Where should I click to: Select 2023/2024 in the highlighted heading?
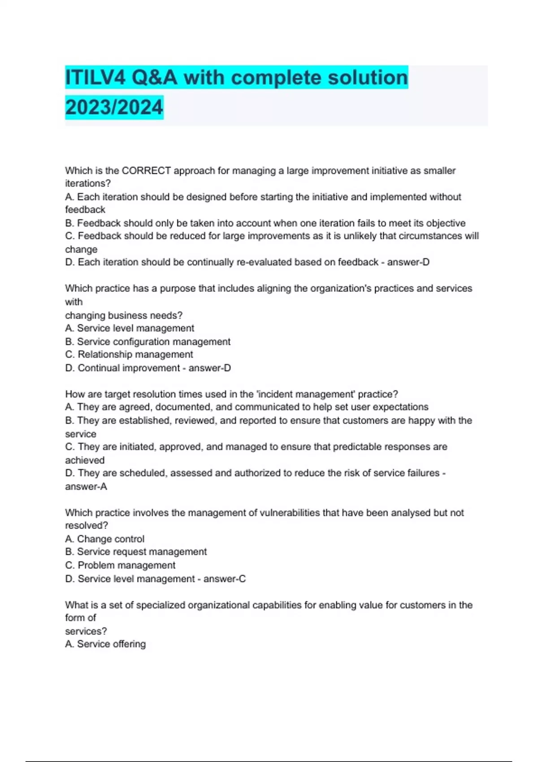click(114, 108)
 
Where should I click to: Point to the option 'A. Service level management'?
click(130, 328)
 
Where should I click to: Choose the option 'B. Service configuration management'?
click(148, 342)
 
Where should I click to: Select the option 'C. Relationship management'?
click(129, 355)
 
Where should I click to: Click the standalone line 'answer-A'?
click(86, 486)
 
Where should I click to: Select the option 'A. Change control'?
click(104, 539)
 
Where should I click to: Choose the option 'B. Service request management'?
click(136, 552)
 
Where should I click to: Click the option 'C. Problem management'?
click(120, 565)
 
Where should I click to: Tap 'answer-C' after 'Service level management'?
click(224, 579)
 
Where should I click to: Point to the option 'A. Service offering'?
click(105, 644)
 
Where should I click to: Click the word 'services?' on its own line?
click(86, 631)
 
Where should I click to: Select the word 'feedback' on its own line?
click(85, 210)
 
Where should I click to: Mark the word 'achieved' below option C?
click(85, 460)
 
